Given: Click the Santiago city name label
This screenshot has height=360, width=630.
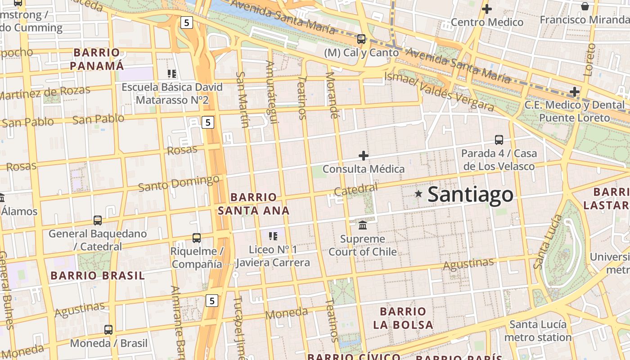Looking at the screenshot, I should pos(470,194).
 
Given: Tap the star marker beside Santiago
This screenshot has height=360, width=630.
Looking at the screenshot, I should pos(418,193).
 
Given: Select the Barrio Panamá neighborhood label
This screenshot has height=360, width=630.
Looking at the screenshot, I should pos(97,59).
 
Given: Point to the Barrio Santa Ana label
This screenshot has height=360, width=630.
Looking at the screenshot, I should pos(253,204).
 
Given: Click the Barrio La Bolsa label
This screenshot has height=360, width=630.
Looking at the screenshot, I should pos(403,318).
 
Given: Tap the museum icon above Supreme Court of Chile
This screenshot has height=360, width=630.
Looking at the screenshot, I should pos(363,225).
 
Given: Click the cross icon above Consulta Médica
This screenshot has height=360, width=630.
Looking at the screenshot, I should pos(364,156).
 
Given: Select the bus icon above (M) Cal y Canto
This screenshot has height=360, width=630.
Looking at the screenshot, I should pos(361,39).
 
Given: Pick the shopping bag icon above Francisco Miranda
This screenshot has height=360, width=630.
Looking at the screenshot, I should pos(585,6).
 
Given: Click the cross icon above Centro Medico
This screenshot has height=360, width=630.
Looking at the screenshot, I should pos(486,9).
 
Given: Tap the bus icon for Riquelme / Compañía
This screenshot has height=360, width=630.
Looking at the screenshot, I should pos(196,238).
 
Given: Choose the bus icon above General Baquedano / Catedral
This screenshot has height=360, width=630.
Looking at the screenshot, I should pos(98,220).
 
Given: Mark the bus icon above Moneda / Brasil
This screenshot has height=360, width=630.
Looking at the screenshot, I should pos(108,329).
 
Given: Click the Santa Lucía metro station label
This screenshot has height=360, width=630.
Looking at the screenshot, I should pos(538,331).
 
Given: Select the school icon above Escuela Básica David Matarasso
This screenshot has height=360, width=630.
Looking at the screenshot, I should pos(171,73).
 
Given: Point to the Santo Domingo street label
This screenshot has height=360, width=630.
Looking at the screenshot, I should pos(179,183).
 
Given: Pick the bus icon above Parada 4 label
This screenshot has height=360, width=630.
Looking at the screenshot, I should pos(499,139).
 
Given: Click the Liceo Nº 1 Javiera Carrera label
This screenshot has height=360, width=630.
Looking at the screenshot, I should pos(273,256).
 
